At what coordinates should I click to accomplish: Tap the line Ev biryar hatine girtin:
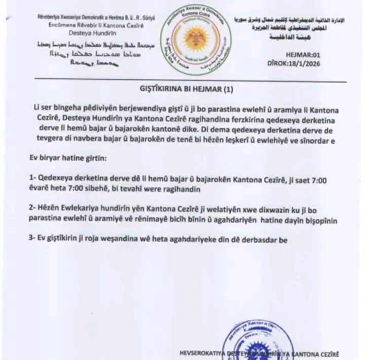coord(68,159)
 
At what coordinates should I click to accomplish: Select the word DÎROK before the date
coord(277,64)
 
